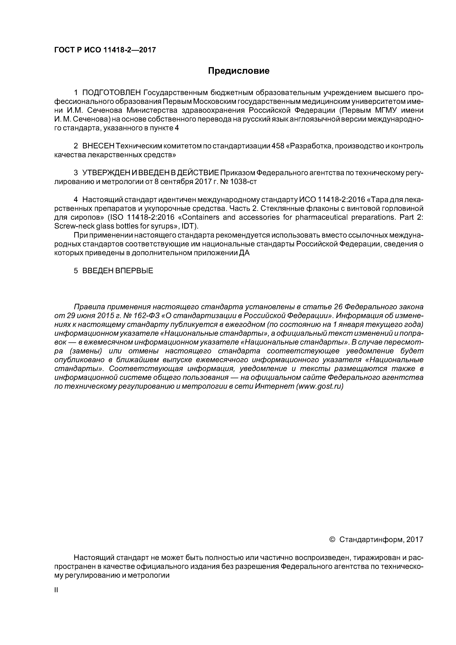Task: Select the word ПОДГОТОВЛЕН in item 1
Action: tap(111, 92)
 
